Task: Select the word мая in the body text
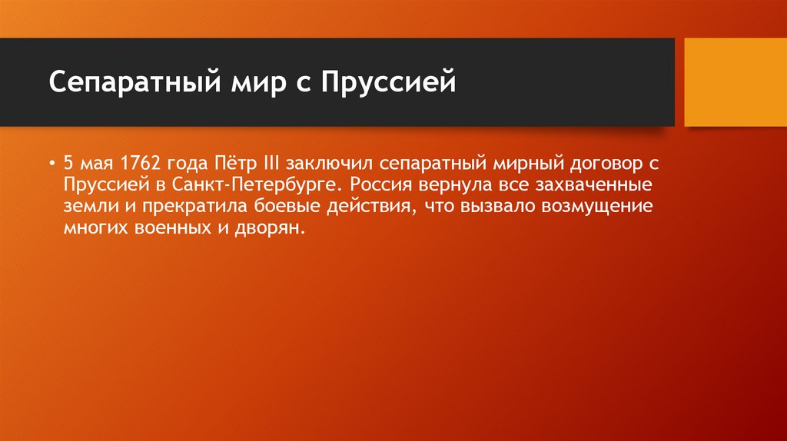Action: click(97, 164)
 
